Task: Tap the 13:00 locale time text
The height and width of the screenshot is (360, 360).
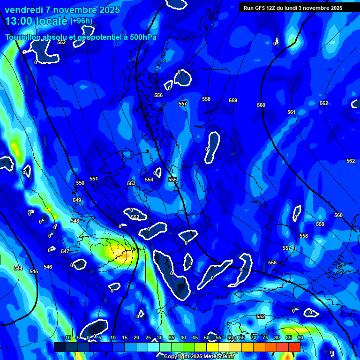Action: (36, 21)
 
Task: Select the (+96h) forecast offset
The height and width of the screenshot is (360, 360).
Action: (81, 21)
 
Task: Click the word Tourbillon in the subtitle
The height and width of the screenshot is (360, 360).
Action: (24, 37)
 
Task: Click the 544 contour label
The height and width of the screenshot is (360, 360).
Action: (18, 268)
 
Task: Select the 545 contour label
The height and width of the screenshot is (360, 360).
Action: (34, 271)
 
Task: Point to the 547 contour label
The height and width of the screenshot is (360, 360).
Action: (65, 252)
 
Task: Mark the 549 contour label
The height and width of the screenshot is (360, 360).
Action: (77, 200)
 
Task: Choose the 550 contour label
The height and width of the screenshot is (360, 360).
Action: (80, 183)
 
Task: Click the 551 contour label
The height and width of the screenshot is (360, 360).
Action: (94, 179)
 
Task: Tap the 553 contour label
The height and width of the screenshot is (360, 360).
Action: (131, 183)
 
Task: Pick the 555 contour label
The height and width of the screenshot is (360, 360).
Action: (172, 180)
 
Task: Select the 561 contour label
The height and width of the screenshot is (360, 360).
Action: (292, 112)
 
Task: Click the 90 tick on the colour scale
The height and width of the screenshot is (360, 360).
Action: (300, 337)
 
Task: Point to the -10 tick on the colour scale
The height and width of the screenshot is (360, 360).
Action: (67, 337)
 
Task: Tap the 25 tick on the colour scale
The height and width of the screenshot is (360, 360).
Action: (148, 337)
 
